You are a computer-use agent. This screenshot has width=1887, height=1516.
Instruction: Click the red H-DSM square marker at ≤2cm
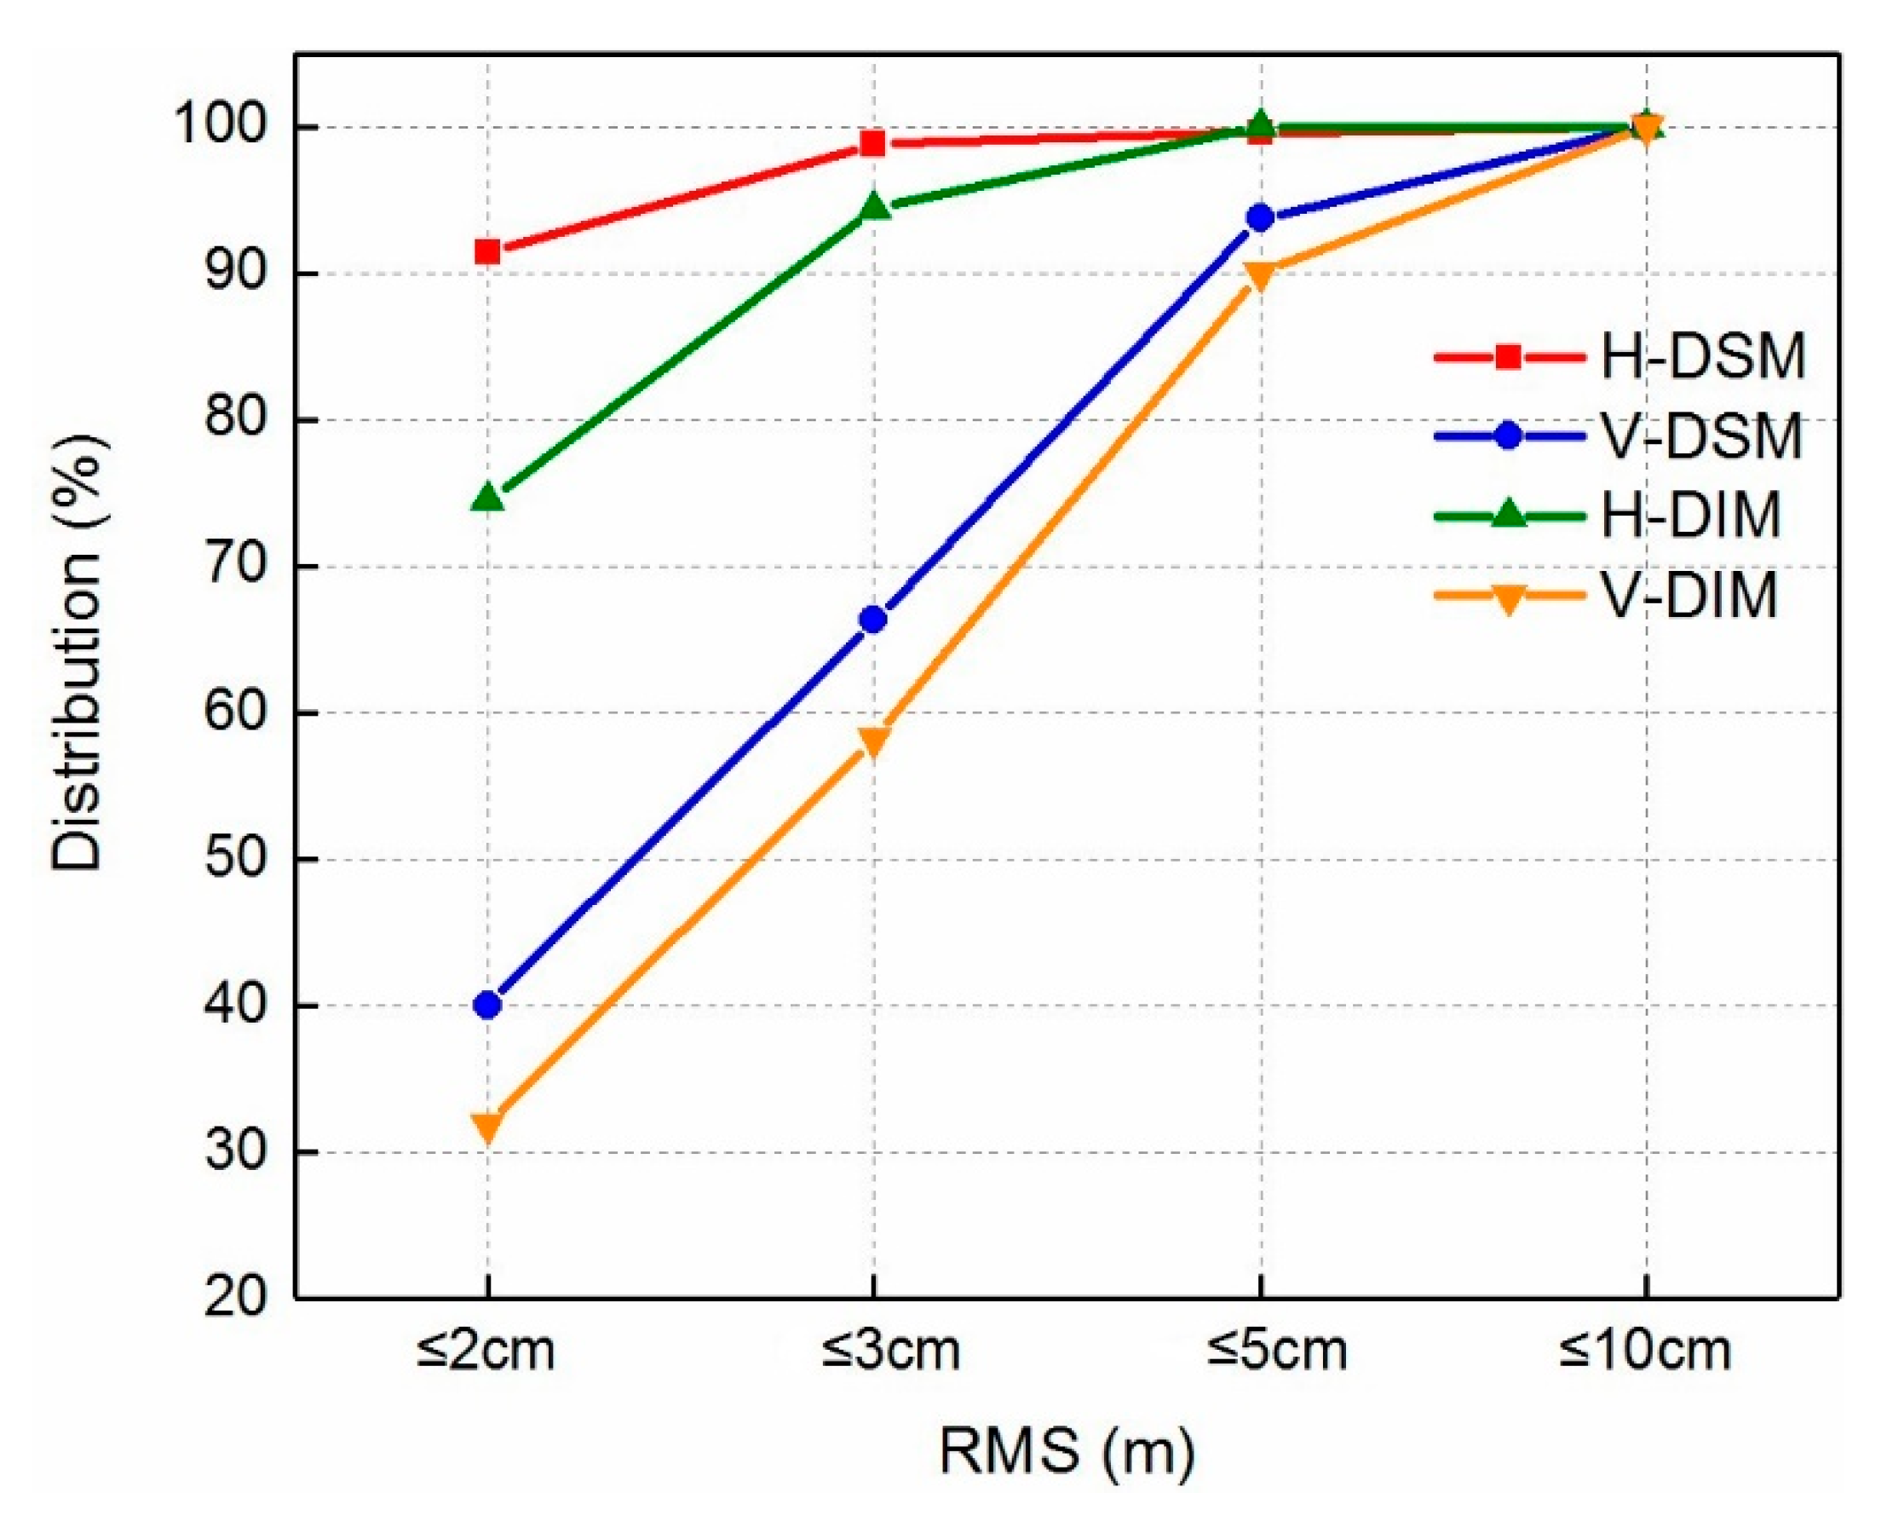[487, 252]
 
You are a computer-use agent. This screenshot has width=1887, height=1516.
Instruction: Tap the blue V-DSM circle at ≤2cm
[487, 1005]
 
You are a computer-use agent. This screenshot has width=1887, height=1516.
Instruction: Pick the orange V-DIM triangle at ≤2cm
[487, 1127]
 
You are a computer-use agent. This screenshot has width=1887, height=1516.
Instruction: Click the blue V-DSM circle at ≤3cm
[873, 620]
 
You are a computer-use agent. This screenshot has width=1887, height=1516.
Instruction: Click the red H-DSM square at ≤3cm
[873, 143]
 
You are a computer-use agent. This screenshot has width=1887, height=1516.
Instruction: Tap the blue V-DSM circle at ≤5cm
[1260, 218]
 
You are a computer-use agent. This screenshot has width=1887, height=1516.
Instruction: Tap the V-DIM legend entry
[1689, 596]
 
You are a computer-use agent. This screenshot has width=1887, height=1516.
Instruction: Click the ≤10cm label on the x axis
[1644, 1351]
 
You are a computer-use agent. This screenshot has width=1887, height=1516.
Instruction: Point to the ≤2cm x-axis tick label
[486, 1351]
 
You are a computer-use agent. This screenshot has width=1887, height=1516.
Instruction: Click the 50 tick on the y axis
[234, 860]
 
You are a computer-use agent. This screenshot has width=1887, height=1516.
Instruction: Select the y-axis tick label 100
[219, 128]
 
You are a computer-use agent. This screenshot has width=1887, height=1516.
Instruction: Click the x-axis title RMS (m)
[1066, 1451]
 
